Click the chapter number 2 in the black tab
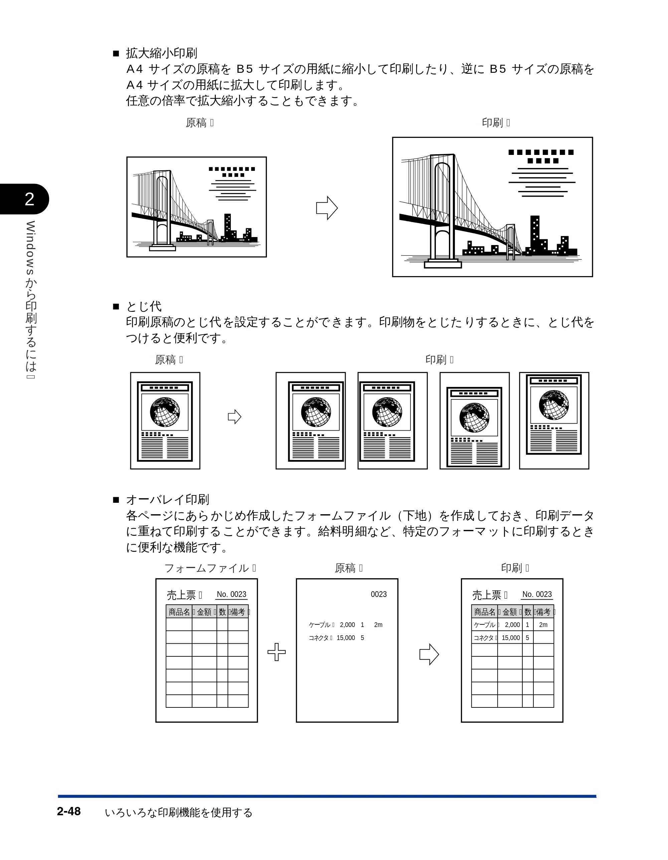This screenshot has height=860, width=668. (29, 199)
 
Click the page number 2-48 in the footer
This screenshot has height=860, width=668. (69, 811)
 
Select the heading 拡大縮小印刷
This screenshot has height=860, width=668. (161, 53)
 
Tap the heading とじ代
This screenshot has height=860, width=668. (144, 306)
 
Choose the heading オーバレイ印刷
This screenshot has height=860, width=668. (167, 500)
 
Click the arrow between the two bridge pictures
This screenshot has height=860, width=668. (327, 208)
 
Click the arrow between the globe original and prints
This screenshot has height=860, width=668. (234, 417)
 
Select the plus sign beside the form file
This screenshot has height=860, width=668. (277, 652)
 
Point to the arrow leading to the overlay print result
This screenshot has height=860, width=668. (429, 654)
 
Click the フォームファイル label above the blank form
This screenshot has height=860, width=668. (207, 568)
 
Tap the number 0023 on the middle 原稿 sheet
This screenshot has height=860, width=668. (378, 594)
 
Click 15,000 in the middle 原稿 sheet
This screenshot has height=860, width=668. (346, 638)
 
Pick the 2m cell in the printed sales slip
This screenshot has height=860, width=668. (543, 625)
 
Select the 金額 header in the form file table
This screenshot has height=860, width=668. (204, 612)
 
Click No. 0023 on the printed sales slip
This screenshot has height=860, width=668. (537, 594)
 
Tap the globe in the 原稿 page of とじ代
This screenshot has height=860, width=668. (165, 412)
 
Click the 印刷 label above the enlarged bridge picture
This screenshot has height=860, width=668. (492, 123)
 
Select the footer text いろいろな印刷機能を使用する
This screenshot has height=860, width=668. (178, 812)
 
